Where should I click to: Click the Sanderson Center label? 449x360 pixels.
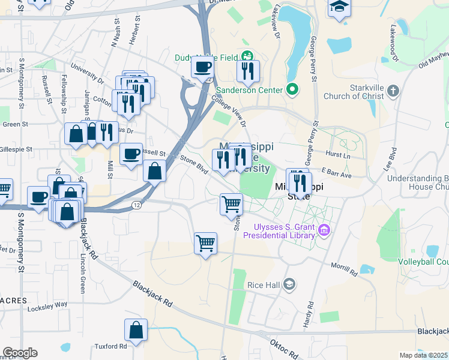[250, 90]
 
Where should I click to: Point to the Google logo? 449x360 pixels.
[20, 353]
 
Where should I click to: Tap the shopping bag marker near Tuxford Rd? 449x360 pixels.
[136, 330]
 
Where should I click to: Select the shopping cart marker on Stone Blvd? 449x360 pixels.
[231, 205]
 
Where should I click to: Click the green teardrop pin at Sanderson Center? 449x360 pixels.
[292, 90]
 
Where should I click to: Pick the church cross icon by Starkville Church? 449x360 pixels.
[393, 91]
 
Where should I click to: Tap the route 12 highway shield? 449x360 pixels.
[137, 205]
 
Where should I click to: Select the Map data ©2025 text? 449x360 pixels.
[424, 355]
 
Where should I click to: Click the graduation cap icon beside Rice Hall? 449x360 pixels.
[289, 284]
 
